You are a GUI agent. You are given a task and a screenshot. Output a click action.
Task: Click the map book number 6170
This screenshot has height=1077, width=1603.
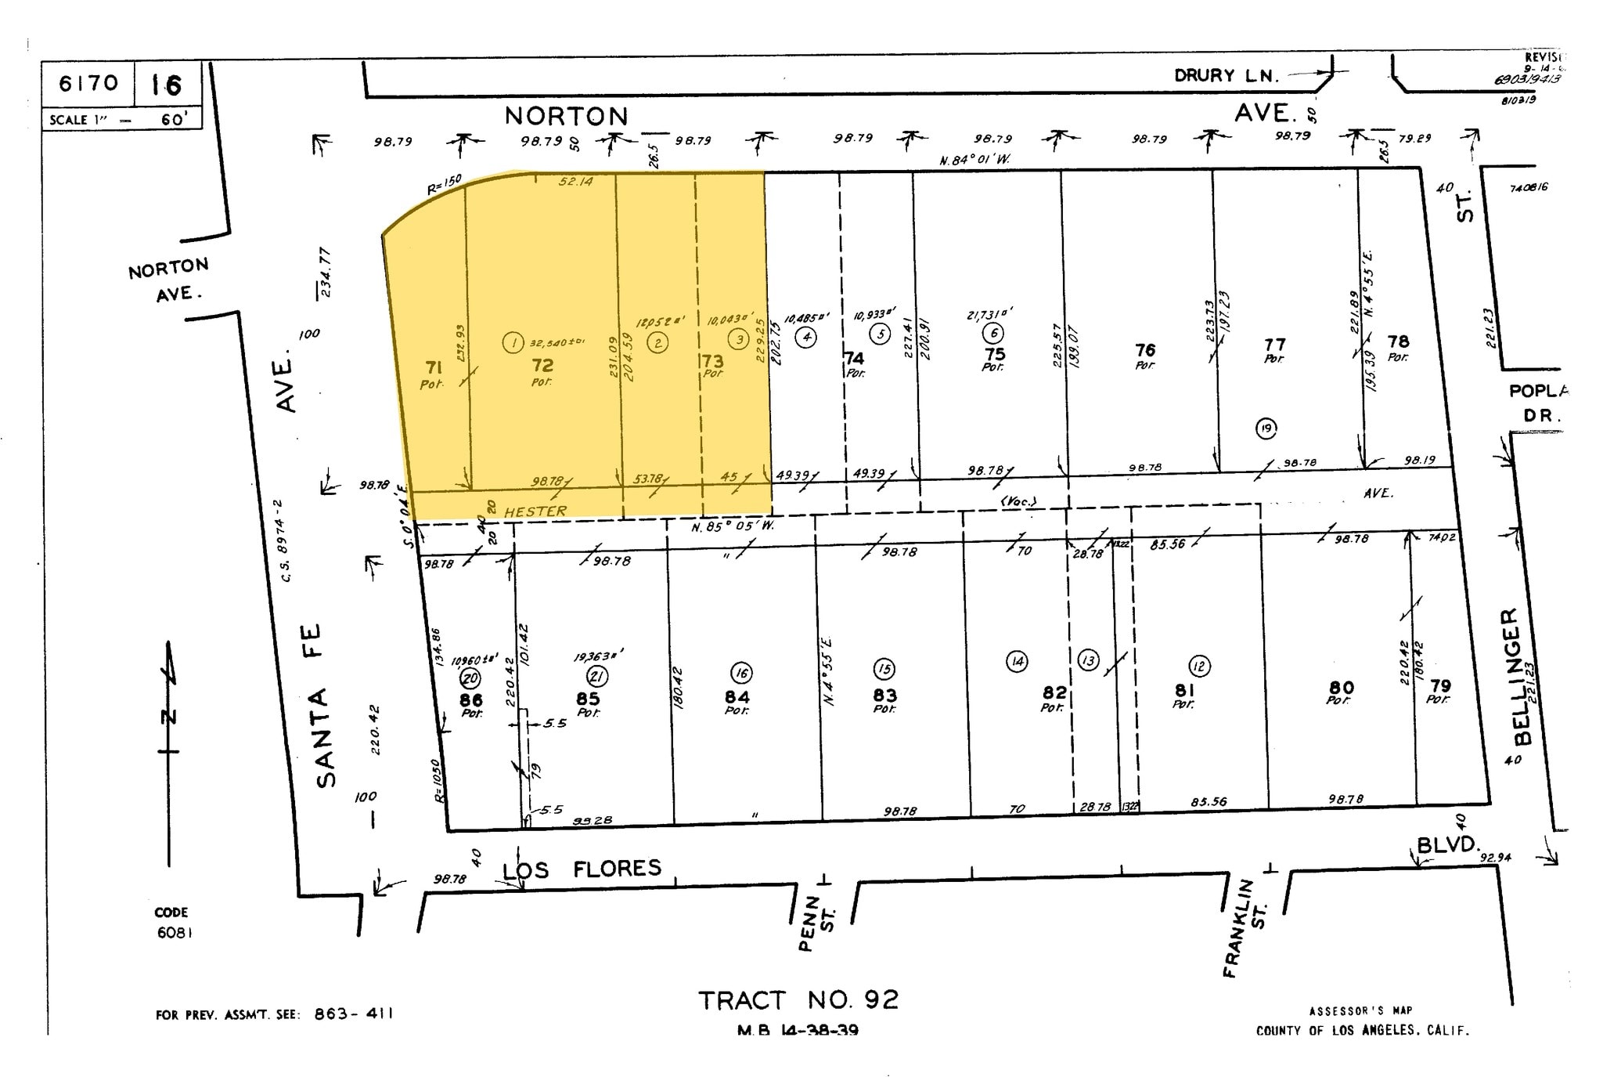[x=88, y=83]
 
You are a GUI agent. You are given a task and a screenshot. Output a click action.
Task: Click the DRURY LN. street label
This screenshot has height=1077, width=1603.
[x=1226, y=76]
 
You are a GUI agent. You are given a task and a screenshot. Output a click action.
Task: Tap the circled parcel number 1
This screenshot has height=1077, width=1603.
[x=513, y=342]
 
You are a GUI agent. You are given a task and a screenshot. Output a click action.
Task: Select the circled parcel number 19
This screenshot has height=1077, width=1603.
[x=1266, y=428]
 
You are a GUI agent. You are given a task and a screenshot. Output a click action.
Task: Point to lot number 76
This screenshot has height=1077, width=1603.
[x=1145, y=350]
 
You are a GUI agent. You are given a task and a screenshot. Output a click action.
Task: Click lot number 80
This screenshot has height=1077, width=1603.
[x=1342, y=688]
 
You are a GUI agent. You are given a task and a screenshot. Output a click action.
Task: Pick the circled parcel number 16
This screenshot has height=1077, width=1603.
[x=740, y=673]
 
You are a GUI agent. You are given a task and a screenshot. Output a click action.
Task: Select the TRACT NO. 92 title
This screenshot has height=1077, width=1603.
[x=798, y=1000]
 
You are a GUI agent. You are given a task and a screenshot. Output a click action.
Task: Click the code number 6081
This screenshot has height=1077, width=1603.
[x=174, y=933]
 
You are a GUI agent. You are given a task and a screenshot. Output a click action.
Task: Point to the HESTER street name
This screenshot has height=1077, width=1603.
[x=535, y=511]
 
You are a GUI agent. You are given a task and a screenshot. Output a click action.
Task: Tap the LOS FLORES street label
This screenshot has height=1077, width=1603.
[x=582, y=869]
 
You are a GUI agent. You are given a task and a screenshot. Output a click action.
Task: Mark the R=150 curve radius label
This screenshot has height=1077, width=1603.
[x=445, y=184]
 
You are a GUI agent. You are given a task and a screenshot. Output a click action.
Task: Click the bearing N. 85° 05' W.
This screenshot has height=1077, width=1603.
[x=733, y=526]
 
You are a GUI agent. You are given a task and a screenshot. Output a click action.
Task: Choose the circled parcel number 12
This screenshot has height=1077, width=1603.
[x=1199, y=667]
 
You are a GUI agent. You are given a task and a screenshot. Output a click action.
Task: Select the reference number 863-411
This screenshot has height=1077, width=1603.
[x=353, y=1014]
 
